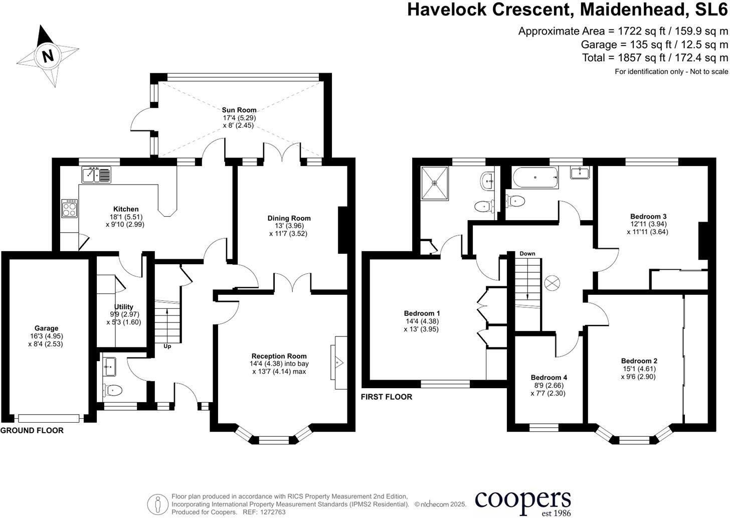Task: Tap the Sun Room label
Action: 239,110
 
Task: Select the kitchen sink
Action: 97,175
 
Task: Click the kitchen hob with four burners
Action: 70,208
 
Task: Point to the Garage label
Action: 46,328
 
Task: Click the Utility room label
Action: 123,307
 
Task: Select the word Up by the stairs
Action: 167,346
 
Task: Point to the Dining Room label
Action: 289,218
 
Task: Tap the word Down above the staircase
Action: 527,254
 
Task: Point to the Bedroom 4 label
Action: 549,378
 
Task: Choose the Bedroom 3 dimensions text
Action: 647,228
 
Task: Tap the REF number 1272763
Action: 271,512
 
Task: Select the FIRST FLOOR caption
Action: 386,397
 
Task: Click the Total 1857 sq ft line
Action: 655,58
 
